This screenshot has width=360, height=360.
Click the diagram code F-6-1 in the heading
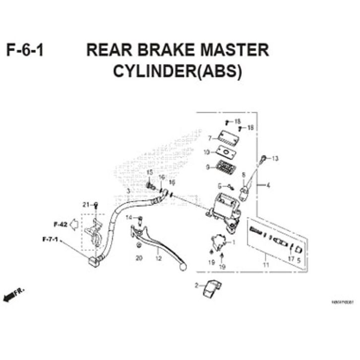tap(25, 51)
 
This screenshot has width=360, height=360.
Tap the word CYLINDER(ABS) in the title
tap(178, 72)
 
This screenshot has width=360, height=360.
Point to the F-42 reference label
tap(60, 224)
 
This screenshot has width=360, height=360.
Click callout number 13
tap(275, 159)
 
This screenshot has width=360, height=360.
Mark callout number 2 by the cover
tap(196, 286)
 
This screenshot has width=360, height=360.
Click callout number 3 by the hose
tap(128, 191)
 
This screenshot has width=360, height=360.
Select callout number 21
tap(85, 205)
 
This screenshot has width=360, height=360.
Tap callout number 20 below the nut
tap(139, 258)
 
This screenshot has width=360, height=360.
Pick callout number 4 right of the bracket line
tap(268, 186)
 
